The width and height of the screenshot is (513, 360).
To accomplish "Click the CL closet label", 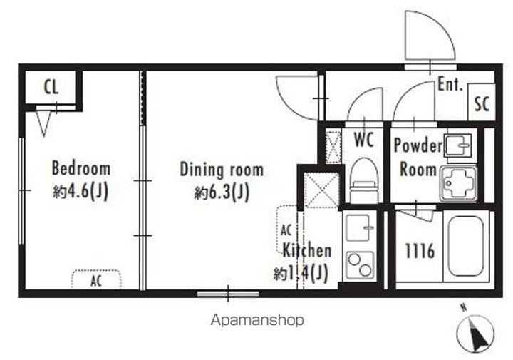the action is point(51,87).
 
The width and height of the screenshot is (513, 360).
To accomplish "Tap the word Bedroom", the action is point(81,168).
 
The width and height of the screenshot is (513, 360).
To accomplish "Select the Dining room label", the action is point(222,170).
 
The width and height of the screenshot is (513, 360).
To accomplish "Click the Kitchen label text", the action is point(307,250).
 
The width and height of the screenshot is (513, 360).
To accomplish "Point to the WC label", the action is point(364,140).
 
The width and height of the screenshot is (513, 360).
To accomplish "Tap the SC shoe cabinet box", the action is point(482,102).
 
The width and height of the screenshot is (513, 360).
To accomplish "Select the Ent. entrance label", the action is point(450,84).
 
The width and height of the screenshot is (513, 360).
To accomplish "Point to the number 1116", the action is point(420,252).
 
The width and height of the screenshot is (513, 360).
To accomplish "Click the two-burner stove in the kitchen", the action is point(360,265).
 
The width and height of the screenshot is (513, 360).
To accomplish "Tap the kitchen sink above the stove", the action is point(360,228).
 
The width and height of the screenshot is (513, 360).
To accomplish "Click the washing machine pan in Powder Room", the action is point(458,183).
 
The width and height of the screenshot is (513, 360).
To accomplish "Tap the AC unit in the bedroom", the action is point(96,279).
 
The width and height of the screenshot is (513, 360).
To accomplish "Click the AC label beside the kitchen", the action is point(286,230).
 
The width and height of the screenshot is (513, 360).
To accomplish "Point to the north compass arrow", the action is point(477,333).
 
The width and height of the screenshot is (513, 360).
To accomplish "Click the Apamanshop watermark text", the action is point(257,320).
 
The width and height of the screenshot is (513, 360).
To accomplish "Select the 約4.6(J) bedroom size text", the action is point(81,191).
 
